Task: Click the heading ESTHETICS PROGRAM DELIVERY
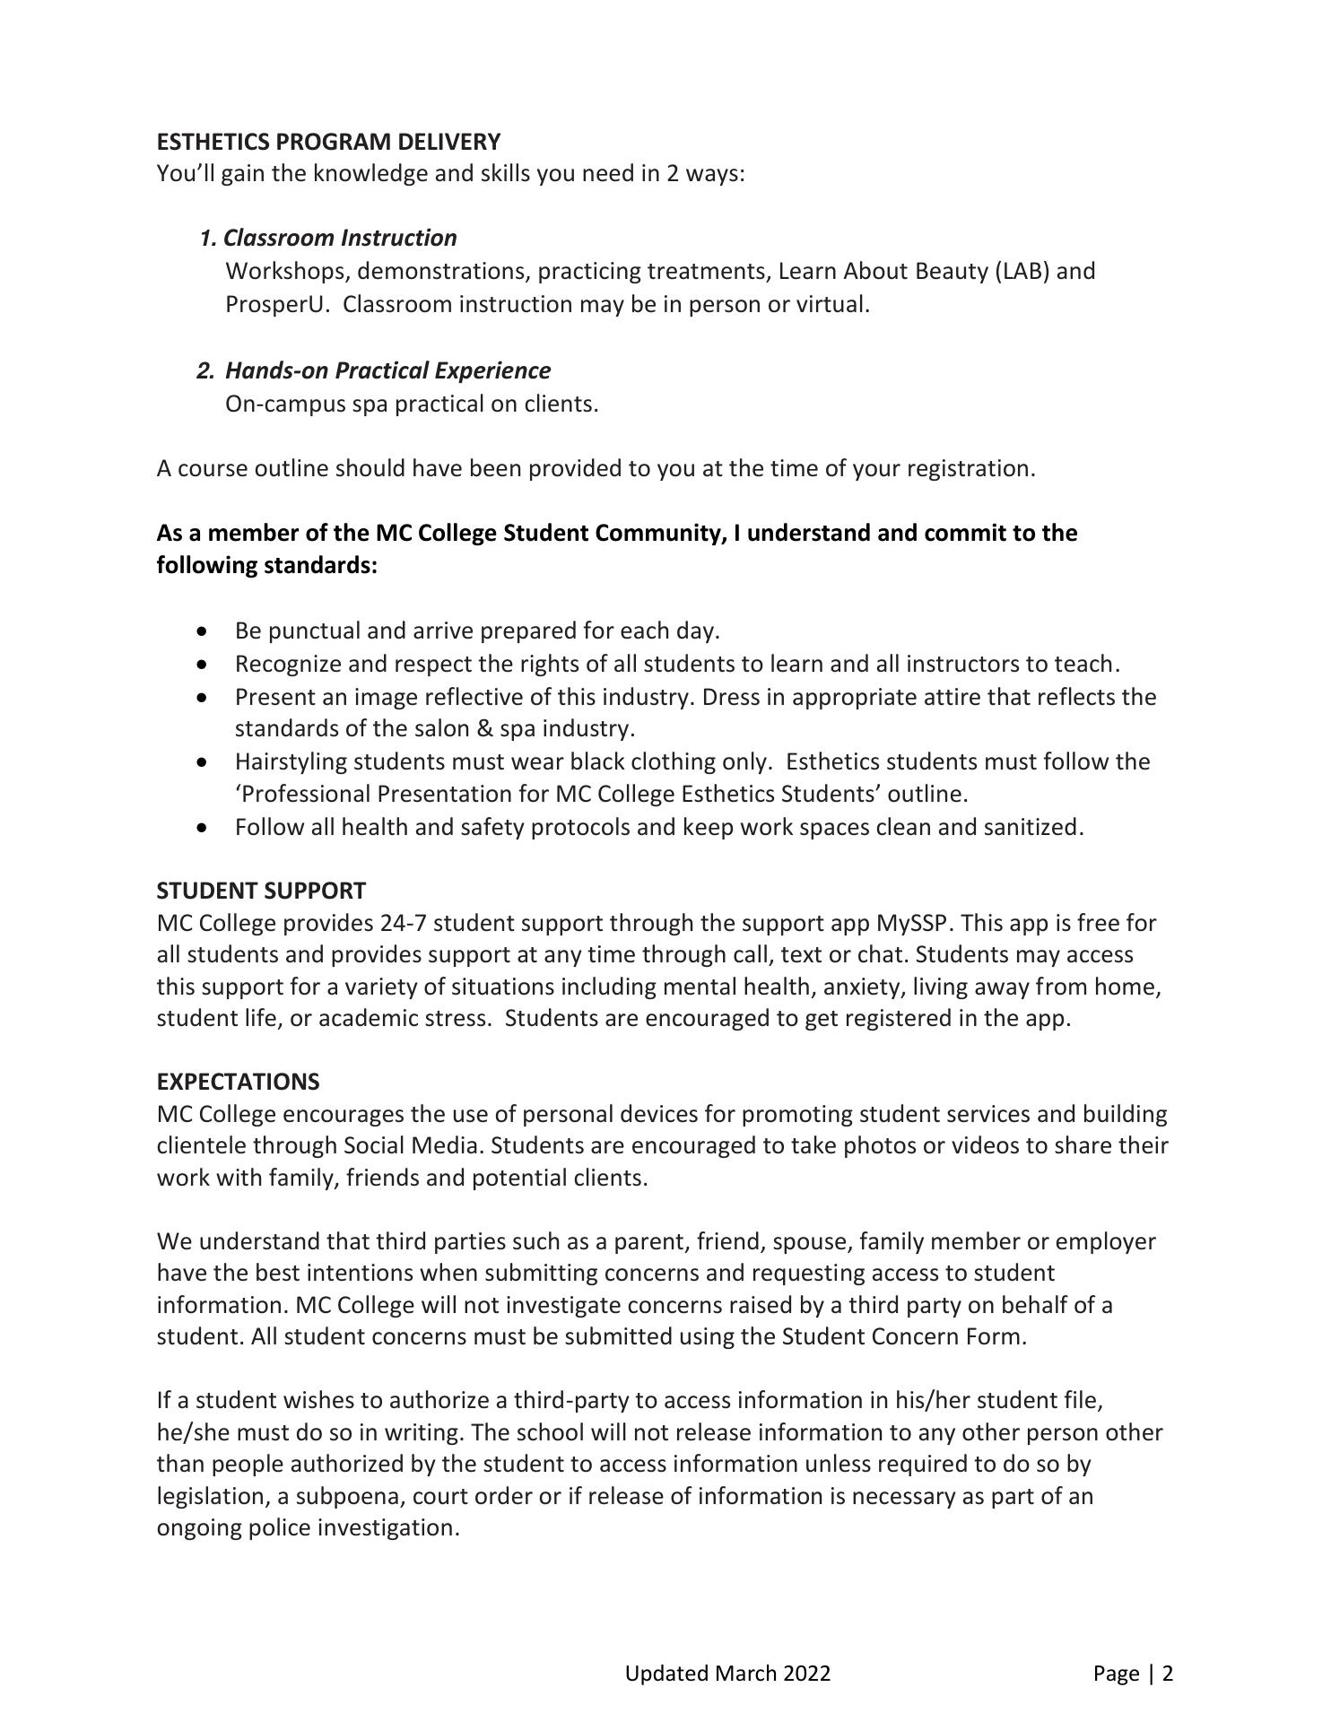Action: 328,142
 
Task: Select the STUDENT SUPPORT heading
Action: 261,891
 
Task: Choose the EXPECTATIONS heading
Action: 238,1082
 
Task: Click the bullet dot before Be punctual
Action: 205,631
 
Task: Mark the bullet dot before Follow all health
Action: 205,827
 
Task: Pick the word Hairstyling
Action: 291,761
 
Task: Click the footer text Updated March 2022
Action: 727,1673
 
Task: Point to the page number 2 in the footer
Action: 1167,1673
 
